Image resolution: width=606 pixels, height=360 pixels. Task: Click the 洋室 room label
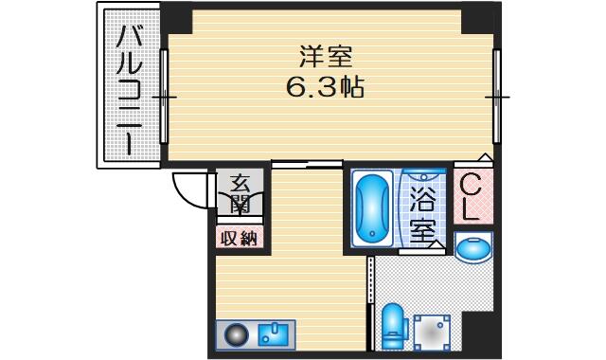[326, 57]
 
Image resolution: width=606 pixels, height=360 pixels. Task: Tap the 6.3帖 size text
[325, 87]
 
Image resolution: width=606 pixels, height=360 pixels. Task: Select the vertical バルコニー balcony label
[130, 90]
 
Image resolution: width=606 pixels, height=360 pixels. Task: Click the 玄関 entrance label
[240, 194]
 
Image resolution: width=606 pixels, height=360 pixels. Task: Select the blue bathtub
[372, 208]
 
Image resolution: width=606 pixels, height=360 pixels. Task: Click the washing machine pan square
[432, 333]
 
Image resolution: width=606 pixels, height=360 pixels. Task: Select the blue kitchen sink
[274, 334]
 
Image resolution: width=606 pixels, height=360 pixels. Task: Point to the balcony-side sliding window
[164, 97]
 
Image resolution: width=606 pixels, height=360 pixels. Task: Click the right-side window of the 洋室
[496, 97]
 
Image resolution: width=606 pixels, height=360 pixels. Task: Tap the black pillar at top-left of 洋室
[177, 18]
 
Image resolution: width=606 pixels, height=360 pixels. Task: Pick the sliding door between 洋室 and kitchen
[307, 164]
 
